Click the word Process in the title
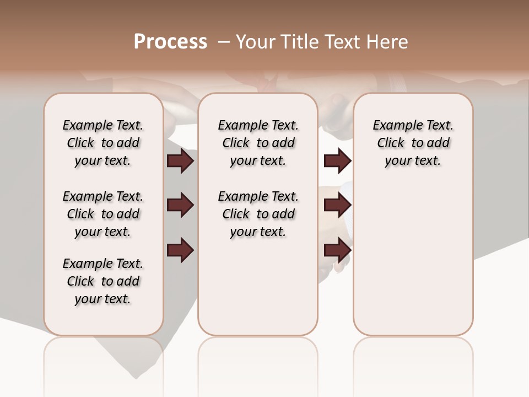tap(170, 42)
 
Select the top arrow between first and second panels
tap(180, 160)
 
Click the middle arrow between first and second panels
tap(180, 205)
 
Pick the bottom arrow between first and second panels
tap(180, 250)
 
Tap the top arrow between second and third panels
tap(337, 160)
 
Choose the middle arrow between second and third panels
tap(337, 205)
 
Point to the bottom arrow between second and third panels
tap(337, 250)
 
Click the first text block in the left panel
tap(103, 143)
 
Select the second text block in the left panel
tap(103, 214)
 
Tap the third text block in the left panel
tap(103, 281)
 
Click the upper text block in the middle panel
tap(258, 143)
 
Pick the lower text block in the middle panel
tap(258, 214)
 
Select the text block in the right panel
tap(413, 143)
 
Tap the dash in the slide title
tap(224, 42)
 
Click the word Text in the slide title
tap(343, 42)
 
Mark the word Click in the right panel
tap(391, 143)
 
